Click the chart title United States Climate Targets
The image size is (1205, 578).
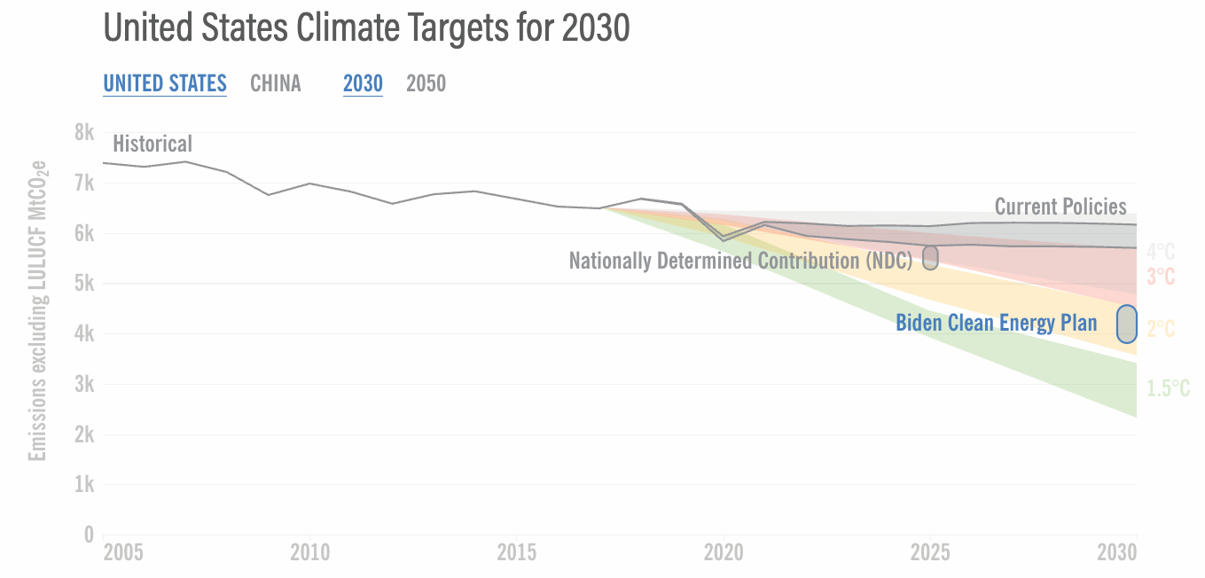pos(366,28)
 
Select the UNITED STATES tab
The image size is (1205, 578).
pos(165,83)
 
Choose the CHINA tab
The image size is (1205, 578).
pos(276,83)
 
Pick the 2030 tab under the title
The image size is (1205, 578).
pos(363,83)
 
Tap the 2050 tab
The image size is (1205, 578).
pos(426,83)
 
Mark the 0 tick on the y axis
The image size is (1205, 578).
pos(89,535)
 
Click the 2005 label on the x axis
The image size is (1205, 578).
pos(122,553)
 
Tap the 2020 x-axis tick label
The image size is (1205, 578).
pos(724,553)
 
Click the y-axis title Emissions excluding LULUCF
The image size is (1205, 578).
pos(37,310)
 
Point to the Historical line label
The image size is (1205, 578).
pos(153,144)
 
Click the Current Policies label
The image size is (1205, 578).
pos(1060,207)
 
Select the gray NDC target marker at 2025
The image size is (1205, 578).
pos(930,257)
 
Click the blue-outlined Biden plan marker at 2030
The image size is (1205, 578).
pos(1126,324)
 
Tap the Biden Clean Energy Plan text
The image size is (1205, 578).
pos(997,323)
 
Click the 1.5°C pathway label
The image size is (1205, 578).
pos(1168,388)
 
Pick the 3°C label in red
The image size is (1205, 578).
pos(1161,277)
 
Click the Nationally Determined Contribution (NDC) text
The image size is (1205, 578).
pos(740,261)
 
